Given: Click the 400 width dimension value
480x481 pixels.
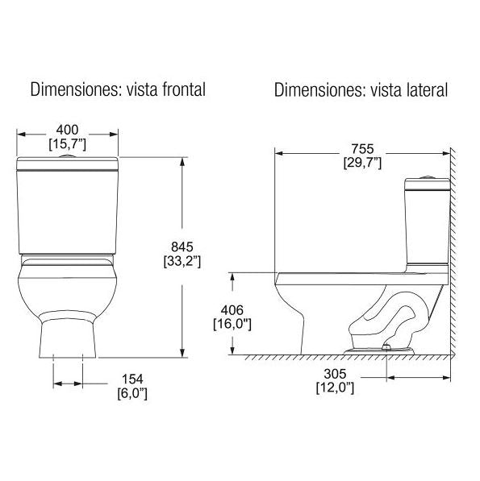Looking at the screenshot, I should tap(69, 130).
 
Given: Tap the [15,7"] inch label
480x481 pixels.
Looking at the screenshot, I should tap(69, 143).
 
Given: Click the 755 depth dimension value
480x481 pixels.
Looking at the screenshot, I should tap(361, 148).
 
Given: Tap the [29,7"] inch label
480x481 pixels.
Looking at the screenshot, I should tap(361, 163).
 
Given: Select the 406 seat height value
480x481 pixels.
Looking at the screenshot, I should tap(232, 309).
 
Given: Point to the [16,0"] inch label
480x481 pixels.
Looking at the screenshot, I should tap(232, 324).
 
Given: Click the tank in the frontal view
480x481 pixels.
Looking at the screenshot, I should tap(68, 209).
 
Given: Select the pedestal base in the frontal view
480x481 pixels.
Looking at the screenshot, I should tap(69, 334).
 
